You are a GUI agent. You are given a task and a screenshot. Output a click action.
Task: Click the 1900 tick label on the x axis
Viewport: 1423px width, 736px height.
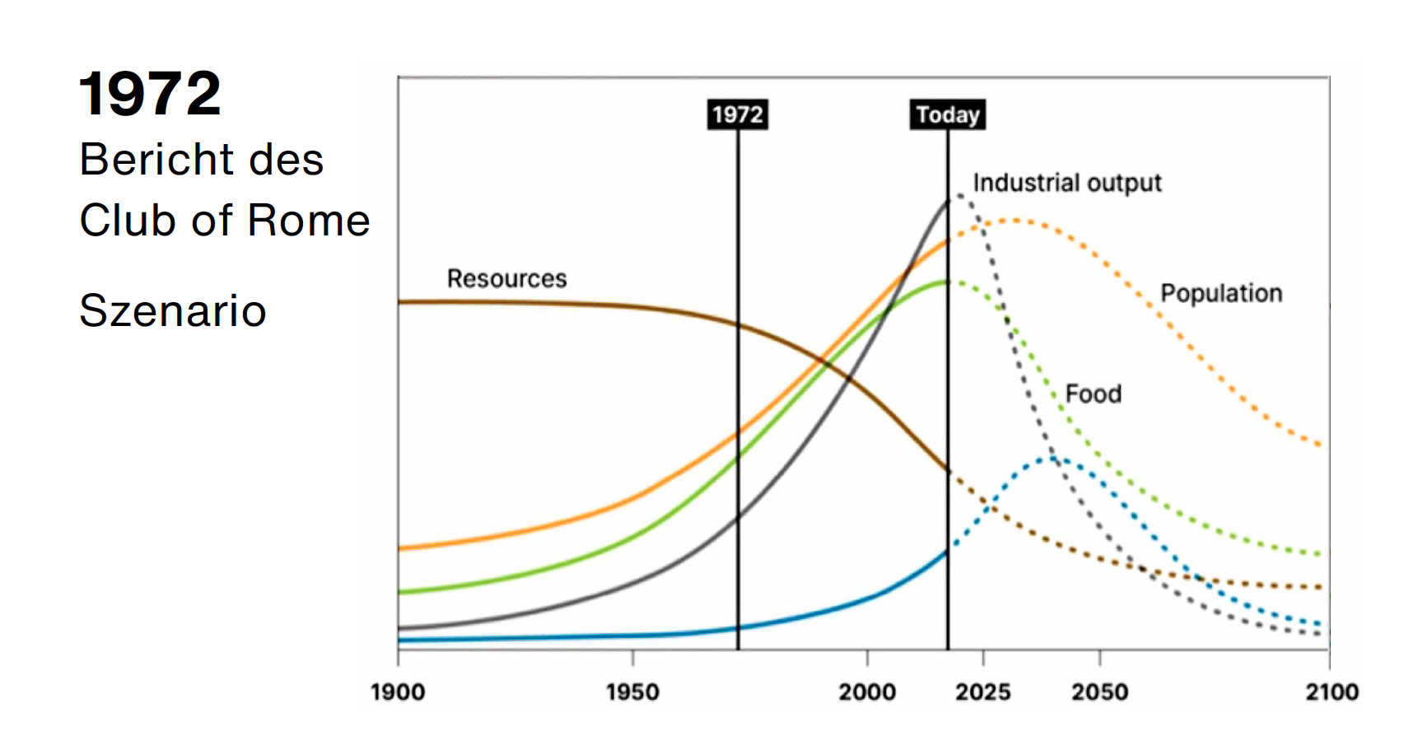[x=398, y=692]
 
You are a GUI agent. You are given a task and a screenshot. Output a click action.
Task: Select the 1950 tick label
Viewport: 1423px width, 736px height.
[x=632, y=692]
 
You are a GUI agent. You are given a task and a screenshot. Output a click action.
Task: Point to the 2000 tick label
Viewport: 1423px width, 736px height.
[x=866, y=692]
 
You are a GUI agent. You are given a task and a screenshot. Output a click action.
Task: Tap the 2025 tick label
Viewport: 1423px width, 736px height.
[x=982, y=692]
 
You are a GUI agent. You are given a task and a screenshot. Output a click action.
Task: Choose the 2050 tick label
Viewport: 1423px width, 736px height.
[x=1099, y=692]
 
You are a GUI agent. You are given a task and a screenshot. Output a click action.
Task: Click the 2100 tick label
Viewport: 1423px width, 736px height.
[x=1332, y=692]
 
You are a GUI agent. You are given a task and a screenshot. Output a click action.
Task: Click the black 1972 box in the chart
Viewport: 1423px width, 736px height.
[x=738, y=114]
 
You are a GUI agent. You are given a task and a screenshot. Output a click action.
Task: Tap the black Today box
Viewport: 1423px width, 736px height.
[x=948, y=114]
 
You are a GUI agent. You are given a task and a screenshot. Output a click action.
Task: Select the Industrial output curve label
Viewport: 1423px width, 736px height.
[x=1066, y=183]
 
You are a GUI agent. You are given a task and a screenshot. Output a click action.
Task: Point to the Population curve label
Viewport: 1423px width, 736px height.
[x=1221, y=293]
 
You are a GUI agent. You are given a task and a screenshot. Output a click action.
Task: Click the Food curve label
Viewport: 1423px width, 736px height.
[x=1093, y=394]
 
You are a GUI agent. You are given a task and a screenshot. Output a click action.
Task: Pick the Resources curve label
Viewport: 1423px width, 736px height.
[x=506, y=279]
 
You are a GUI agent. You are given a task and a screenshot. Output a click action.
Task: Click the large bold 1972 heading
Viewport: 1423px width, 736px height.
[x=150, y=94]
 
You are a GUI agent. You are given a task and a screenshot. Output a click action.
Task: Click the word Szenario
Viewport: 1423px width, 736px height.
[x=173, y=311]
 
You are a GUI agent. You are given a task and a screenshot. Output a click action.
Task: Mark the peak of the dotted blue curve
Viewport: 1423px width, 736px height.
[x=1053, y=459]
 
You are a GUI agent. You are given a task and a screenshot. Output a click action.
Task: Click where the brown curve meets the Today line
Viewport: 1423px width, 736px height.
[x=948, y=471]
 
